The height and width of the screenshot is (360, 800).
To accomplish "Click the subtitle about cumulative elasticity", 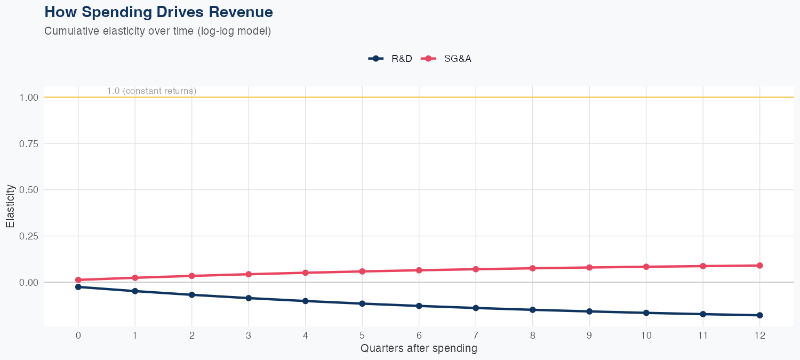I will coord(158,31).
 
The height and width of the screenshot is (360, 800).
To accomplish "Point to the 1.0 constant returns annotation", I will coord(151,91).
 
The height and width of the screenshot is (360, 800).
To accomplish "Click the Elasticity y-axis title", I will coord(10,206).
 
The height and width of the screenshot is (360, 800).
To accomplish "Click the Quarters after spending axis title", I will coord(419,349).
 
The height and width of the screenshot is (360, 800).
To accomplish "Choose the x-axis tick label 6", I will coord(419,335).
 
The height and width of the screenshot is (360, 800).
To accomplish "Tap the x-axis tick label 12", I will coord(759,335).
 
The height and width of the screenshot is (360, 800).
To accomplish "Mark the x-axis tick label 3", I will coord(249,335).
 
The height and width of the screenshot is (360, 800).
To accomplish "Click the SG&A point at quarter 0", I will coord(78,280).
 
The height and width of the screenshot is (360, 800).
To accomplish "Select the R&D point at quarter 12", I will coord(759,315).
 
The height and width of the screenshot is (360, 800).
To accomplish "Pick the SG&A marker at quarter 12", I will coord(759,266).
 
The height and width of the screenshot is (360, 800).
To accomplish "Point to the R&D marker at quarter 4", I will coord(305,301).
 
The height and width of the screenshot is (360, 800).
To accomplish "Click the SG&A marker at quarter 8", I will coord(532,268).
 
